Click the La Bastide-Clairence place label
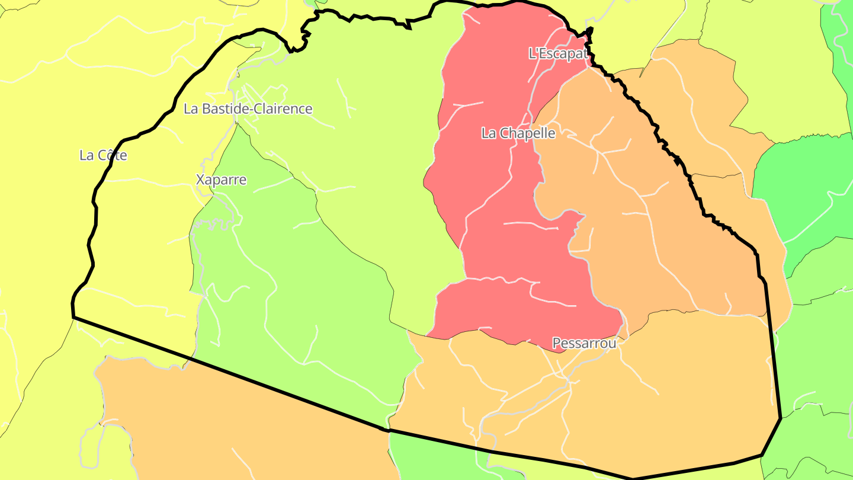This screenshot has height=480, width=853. pyautogui.click(x=248, y=109)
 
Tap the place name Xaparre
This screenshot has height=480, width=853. pyautogui.click(x=221, y=180)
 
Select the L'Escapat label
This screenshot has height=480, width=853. pyautogui.click(x=557, y=54)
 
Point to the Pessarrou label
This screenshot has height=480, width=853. pyautogui.click(x=584, y=343)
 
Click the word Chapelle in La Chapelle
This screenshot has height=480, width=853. pyautogui.click(x=527, y=133)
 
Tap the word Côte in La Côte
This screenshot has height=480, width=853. pyautogui.click(x=113, y=156)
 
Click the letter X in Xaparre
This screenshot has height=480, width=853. pyautogui.click(x=200, y=180)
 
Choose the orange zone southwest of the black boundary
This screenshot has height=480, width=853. pyautogui.click(x=237, y=427)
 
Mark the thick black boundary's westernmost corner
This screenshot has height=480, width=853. pyautogui.click(x=73, y=317)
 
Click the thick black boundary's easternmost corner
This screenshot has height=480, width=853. pyautogui.click(x=781, y=418)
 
